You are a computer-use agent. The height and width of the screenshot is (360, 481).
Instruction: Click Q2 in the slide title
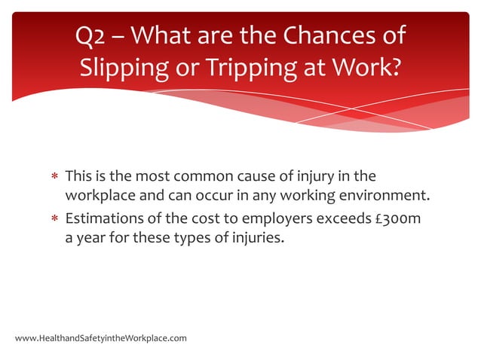pos(93,35)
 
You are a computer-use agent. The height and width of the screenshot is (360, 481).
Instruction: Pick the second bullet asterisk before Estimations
pos(54,221)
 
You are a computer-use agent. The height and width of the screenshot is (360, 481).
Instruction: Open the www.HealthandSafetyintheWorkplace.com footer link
pos(100,338)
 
